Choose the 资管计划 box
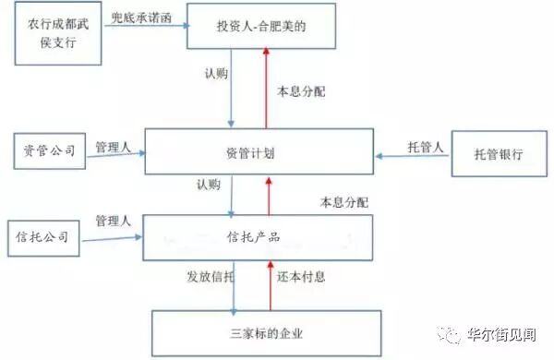[259, 152]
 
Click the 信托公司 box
[43, 236]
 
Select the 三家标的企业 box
[266, 331]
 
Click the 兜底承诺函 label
[142, 16]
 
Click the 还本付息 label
[301, 275]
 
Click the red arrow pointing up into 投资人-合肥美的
[266, 89]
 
